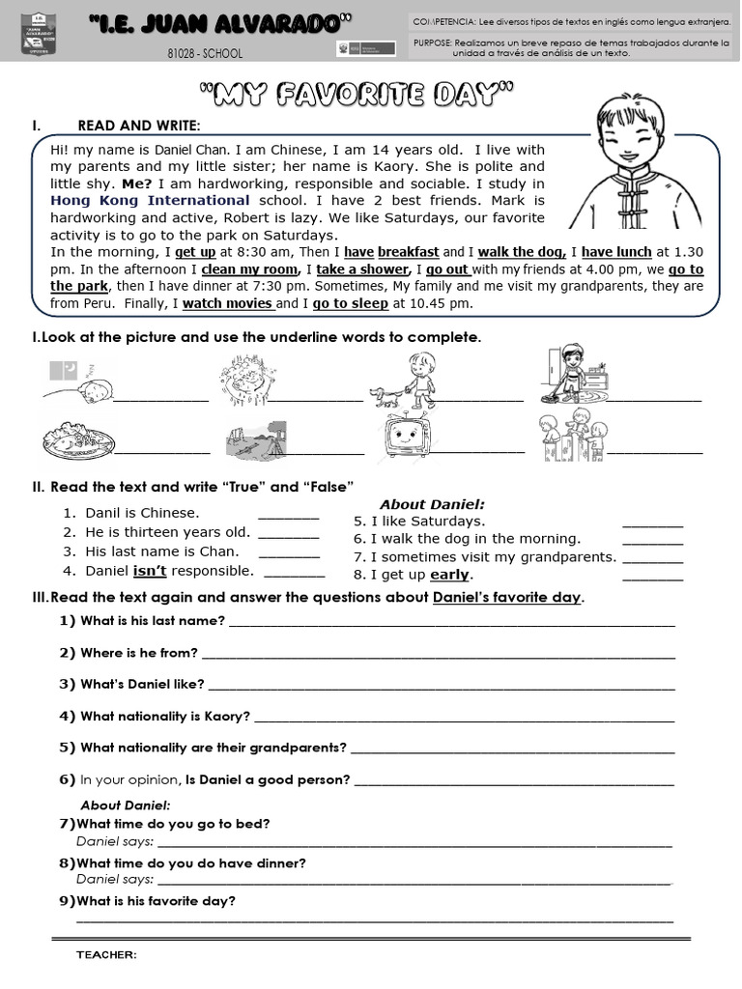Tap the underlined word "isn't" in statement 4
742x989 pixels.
point(150,571)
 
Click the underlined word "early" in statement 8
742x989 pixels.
point(449,575)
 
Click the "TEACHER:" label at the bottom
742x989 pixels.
point(106,955)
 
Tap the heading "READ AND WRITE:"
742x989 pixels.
point(139,126)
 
